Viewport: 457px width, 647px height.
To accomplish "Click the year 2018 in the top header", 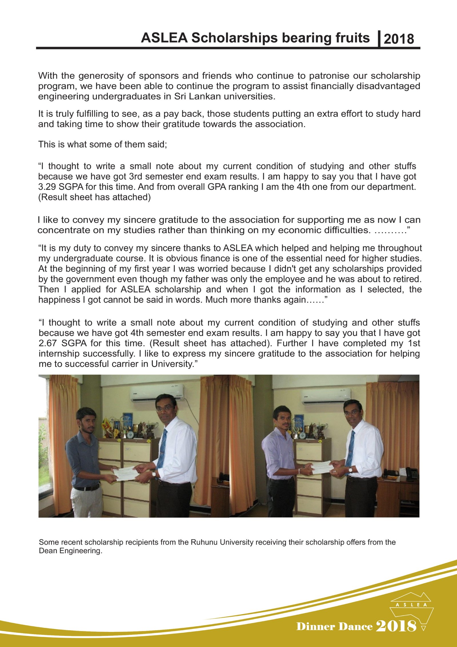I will pos(399,39).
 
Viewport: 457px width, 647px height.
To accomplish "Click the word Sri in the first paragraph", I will pos(180,96).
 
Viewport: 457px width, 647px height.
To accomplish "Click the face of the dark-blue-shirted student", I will pos(87,421).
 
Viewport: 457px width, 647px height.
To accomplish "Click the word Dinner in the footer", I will pos(315,626).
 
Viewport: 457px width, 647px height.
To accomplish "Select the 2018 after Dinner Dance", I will pos(396,626).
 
